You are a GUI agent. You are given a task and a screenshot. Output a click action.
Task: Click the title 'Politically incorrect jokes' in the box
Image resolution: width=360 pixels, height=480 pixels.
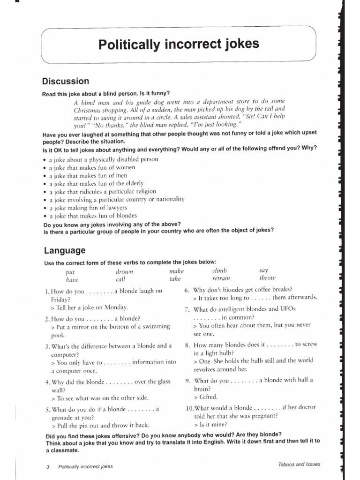(x=179, y=45)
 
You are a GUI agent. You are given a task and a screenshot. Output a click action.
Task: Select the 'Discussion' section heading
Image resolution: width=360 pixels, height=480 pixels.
(x=66, y=81)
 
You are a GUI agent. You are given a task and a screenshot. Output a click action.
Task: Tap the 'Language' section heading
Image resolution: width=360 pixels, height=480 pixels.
(x=65, y=250)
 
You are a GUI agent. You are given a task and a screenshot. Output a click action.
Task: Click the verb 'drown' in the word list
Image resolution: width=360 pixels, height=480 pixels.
(x=124, y=271)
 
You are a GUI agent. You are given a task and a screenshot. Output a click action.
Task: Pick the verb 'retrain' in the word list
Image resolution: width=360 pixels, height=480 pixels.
(x=221, y=278)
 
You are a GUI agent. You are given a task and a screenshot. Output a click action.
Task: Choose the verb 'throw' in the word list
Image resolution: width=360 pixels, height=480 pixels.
(x=268, y=278)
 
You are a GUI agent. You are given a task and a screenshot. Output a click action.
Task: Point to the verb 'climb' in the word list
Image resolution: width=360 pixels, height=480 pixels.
(x=219, y=271)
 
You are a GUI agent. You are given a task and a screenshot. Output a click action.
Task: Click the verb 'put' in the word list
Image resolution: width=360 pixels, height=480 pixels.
(x=70, y=272)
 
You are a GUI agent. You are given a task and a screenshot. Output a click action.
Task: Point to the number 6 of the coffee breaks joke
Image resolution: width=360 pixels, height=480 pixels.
(x=187, y=290)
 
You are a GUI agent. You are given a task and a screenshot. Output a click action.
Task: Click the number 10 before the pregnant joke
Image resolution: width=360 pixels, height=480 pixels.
(x=189, y=408)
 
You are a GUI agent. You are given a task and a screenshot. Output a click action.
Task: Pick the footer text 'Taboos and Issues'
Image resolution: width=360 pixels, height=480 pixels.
(x=299, y=465)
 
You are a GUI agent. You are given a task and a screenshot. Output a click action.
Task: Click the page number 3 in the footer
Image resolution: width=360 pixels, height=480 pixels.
(x=48, y=467)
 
